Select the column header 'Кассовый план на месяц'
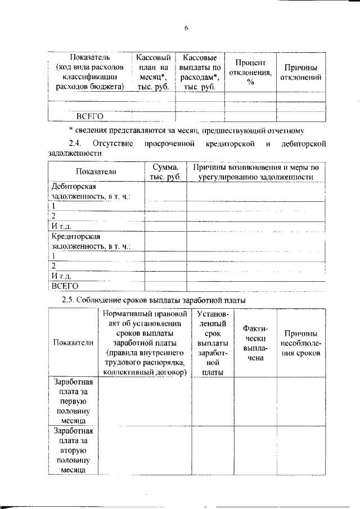[x=154, y=73]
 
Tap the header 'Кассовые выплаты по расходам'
[x=200, y=73]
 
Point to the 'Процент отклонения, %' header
[x=250, y=72]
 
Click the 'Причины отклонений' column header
[x=301, y=72]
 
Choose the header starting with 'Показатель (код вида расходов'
[x=90, y=73]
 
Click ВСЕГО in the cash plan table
[x=90, y=116]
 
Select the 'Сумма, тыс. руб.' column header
[x=165, y=172]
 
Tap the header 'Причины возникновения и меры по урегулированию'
[x=256, y=172]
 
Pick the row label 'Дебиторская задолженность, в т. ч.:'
[x=91, y=191]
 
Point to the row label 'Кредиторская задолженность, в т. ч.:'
[x=91, y=241]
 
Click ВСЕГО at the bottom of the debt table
[x=64, y=285]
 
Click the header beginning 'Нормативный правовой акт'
[x=145, y=343]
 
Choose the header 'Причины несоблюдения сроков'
[x=301, y=343]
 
